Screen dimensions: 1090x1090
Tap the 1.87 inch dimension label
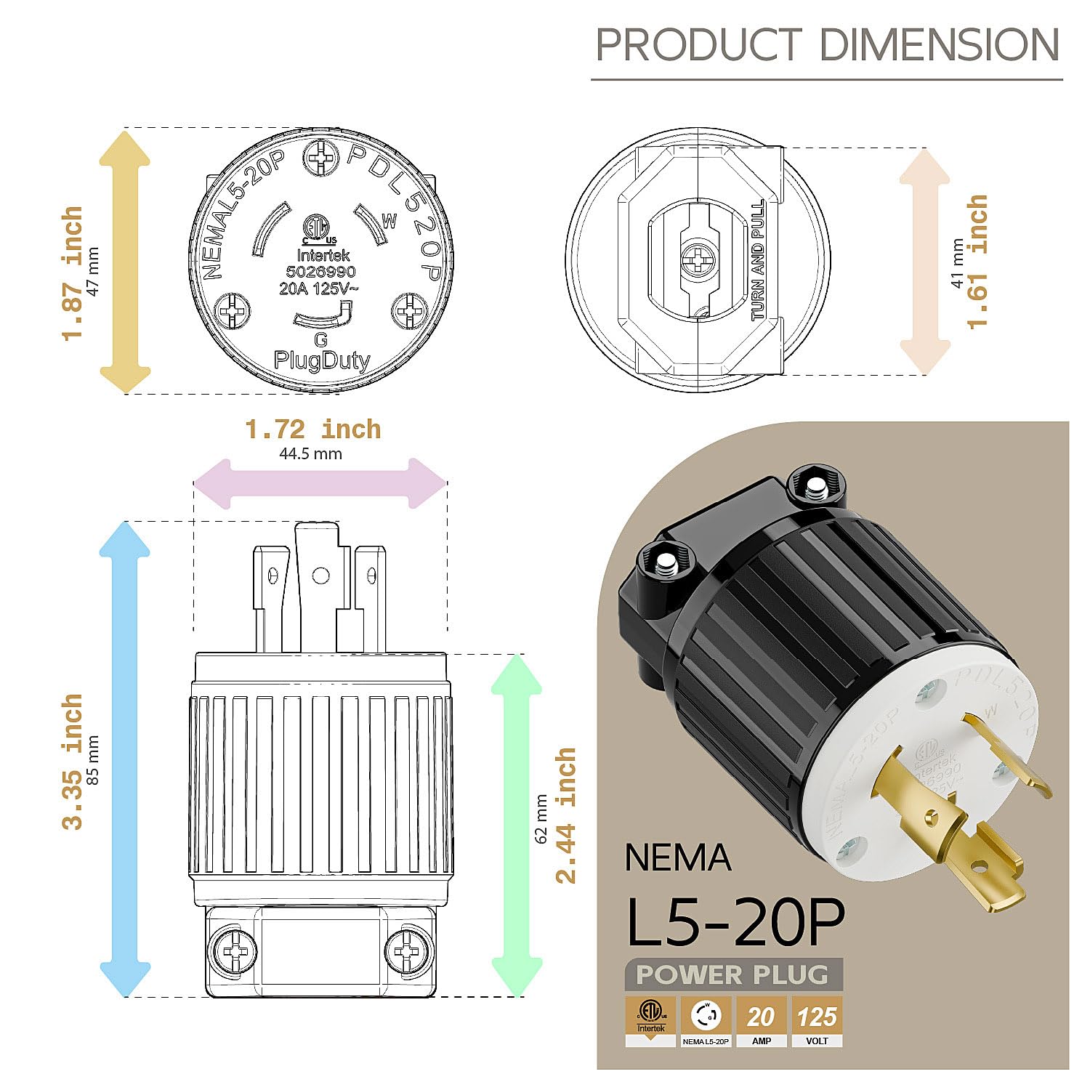point(73,272)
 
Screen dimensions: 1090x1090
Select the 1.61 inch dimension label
point(978,262)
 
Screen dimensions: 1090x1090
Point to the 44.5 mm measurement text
point(310,454)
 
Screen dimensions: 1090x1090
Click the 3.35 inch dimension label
point(73,762)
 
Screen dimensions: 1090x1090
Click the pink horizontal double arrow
point(320,483)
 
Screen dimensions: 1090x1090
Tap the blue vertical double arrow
point(125,759)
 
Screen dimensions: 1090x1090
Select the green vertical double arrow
point(517,825)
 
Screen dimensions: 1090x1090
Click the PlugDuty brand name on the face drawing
point(321,360)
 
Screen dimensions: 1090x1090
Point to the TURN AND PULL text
point(758,260)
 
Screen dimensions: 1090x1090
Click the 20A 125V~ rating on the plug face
point(318,288)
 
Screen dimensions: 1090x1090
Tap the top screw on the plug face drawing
point(320,158)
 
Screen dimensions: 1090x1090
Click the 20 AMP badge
point(761,1021)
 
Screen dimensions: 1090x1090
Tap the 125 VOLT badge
point(817,1021)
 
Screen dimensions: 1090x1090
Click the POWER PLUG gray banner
point(732,974)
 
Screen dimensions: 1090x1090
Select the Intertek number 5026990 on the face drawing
point(320,272)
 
